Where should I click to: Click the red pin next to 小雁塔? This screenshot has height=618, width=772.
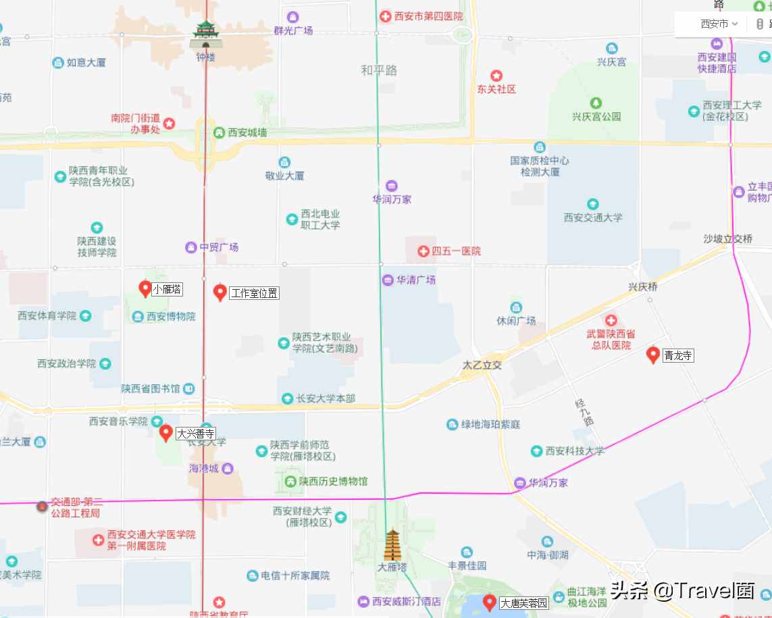pos(145,289)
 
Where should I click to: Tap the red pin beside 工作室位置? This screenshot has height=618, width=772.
pos(220,292)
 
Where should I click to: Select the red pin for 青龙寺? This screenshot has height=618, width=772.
pos(653,355)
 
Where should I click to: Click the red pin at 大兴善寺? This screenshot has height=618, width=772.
pos(166,433)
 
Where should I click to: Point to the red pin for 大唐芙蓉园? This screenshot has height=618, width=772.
pos(490,602)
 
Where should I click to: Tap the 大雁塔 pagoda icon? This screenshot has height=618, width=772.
pos(392,545)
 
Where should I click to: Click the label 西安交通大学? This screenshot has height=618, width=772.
pos(593,217)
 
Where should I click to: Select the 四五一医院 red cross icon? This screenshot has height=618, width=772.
pos(423,251)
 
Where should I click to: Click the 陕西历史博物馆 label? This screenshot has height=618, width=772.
pos(333,482)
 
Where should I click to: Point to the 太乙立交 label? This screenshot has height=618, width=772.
pos(482,365)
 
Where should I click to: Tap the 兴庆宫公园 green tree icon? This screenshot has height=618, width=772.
pos(596,103)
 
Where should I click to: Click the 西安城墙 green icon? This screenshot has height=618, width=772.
pos(219,132)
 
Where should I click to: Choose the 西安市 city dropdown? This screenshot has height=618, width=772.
pos(719,24)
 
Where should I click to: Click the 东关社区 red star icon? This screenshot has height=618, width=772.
pos(496,76)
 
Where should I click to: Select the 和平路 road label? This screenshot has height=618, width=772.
pos(379,70)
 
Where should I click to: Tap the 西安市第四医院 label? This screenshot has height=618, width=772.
pos(430,16)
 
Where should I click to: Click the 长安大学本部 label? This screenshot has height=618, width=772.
pos(326,398)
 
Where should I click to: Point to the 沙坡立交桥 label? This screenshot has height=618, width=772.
pos(727,238)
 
